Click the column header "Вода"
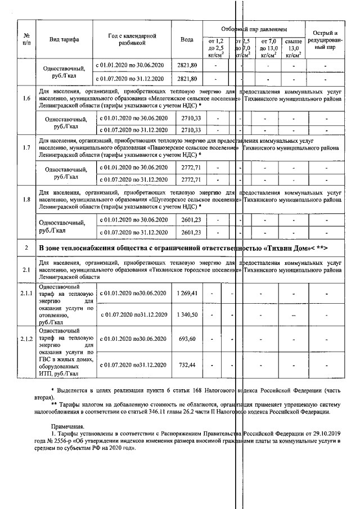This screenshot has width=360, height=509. click(187, 39)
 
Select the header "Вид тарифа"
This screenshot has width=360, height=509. click(64, 39)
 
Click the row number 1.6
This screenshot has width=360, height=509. click(26, 99)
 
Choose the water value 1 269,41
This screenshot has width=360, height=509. click(187, 294)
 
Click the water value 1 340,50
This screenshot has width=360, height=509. click(187, 314)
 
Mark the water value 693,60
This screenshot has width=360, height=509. click(187, 339)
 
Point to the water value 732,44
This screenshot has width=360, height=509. click(187, 365)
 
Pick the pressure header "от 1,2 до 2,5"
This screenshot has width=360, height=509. click(216, 48)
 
